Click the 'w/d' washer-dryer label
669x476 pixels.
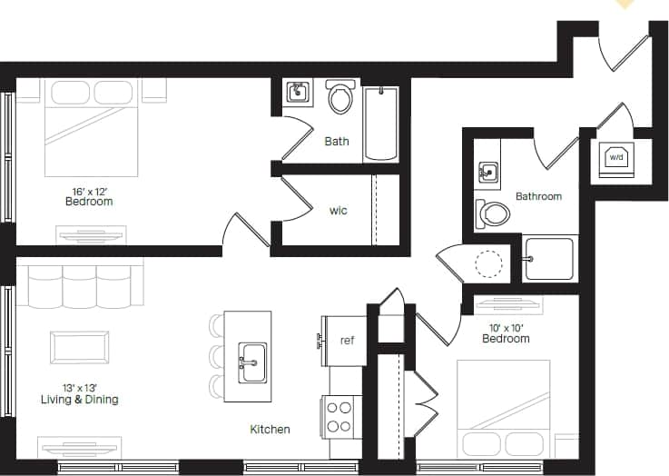pos(616,157)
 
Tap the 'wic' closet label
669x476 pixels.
pos(338,211)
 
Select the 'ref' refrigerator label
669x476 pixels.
pos(346,341)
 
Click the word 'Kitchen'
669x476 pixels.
pos(271,429)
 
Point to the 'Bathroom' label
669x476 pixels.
pos(538,196)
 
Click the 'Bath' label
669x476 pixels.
pos(337,141)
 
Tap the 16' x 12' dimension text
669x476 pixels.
pos(92,191)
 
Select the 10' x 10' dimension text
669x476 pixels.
pos(506,327)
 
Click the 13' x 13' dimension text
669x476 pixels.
pos(79,387)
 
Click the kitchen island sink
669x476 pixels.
pos(251,362)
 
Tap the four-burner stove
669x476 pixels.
pos(339,417)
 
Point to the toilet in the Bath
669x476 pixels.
pos(340,98)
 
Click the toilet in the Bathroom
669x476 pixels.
pos(493,214)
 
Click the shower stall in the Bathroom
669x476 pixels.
pos(549,259)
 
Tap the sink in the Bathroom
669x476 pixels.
pos(487,171)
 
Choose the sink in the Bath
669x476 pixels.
pos(298,92)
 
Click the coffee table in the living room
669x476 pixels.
pos(79,347)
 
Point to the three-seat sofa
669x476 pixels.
pos(81,284)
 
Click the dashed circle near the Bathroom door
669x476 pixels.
pos(489,263)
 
